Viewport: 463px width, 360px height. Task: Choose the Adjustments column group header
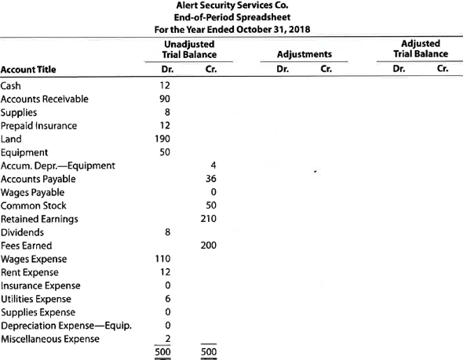point(304,55)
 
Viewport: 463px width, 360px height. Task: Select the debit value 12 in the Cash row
point(165,85)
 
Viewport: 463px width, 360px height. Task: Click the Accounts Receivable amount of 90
point(165,99)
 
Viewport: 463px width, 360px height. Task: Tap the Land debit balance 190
point(162,138)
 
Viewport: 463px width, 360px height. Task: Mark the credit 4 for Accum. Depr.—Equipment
point(213,165)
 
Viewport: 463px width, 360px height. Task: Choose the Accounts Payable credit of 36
point(210,178)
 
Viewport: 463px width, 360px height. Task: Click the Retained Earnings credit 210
point(208,218)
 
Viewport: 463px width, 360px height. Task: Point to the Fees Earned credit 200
point(208,245)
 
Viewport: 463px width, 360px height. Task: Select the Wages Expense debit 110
point(162,259)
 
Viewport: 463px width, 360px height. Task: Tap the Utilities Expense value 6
point(166,299)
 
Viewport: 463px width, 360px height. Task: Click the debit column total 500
point(162,351)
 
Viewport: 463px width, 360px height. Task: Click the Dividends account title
point(21,231)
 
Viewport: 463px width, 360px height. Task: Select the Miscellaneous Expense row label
point(50,338)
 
